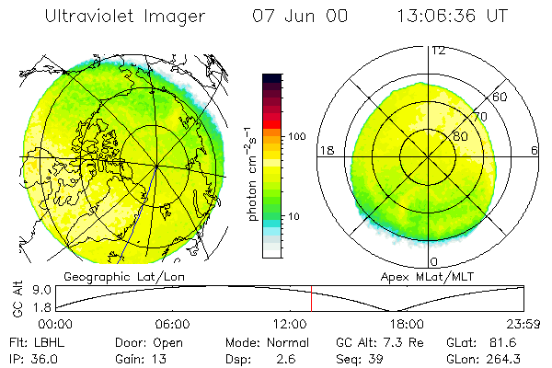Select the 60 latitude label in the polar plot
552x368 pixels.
coord(500,97)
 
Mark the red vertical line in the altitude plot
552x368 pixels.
coord(311,300)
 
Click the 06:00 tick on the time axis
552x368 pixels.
coord(172,324)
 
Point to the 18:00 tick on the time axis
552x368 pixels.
coord(407,324)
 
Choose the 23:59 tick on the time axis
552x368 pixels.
coord(524,324)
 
